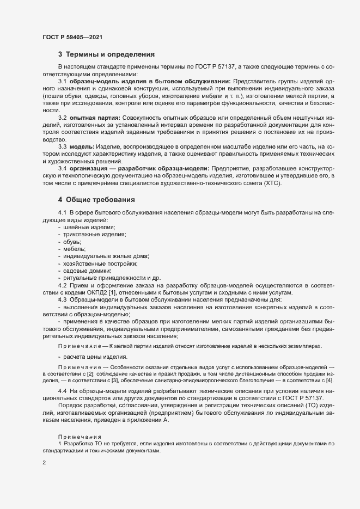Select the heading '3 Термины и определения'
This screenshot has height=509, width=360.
tap(106, 54)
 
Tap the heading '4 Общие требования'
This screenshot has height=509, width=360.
tap(97, 200)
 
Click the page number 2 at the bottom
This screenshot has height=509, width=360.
tap(44, 464)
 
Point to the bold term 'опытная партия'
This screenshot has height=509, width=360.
tap(90, 118)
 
